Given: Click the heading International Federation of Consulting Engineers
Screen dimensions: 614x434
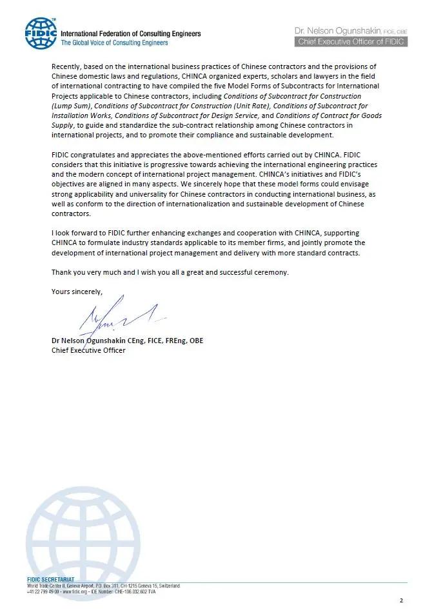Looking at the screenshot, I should coord(130,34).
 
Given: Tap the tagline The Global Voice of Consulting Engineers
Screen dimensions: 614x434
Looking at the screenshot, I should coord(114,43).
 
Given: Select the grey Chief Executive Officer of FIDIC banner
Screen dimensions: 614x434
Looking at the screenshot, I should coord(351,41).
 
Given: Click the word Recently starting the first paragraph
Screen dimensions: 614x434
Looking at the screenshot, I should coord(68,66).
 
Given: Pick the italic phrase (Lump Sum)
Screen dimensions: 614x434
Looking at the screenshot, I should coord(70,106).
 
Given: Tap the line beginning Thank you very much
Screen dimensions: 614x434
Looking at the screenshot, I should coord(170,272).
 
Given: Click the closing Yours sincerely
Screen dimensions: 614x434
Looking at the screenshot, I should coord(77,292).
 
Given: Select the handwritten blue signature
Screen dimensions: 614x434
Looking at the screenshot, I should coord(116,317).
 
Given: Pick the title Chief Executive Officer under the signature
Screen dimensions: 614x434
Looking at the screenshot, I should coord(88,350).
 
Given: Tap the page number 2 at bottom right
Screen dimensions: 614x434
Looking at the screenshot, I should coord(400,600).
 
